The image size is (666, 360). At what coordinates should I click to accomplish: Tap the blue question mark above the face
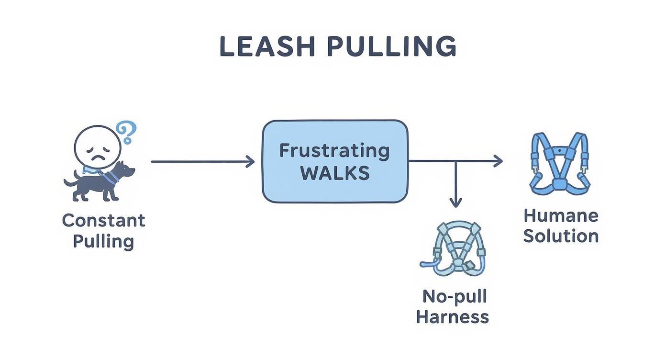pyautogui.click(x=127, y=132)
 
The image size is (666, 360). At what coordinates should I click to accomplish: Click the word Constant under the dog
pyautogui.click(x=103, y=221)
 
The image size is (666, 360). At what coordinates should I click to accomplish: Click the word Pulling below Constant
pyautogui.click(x=103, y=241)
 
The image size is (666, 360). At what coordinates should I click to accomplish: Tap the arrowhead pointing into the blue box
pyautogui.click(x=251, y=162)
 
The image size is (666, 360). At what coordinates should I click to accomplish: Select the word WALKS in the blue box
pyautogui.click(x=335, y=173)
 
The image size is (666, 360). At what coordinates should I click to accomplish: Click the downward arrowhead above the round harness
pyautogui.click(x=455, y=202)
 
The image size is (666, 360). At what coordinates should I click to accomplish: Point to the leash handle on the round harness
pyautogui.click(x=427, y=263)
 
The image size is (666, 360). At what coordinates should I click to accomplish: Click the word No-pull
pyautogui.click(x=454, y=296)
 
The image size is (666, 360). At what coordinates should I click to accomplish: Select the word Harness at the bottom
pyautogui.click(x=453, y=317)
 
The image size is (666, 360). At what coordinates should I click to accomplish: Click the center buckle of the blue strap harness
pyautogui.click(x=558, y=184)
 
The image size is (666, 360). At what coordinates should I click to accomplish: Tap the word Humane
pyautogui.click(x=561, y=215)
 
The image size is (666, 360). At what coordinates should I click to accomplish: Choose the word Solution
pyautogui.click(x=561, y=236)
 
